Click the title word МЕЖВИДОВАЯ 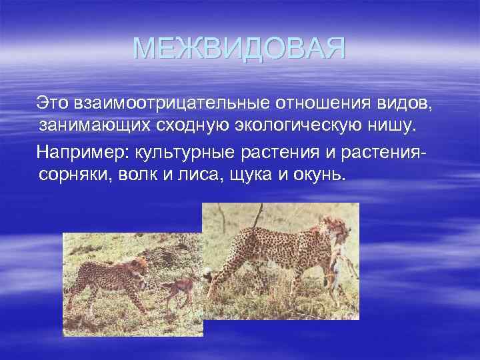[x=239, y=49]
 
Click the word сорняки [x=72, y=175]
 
